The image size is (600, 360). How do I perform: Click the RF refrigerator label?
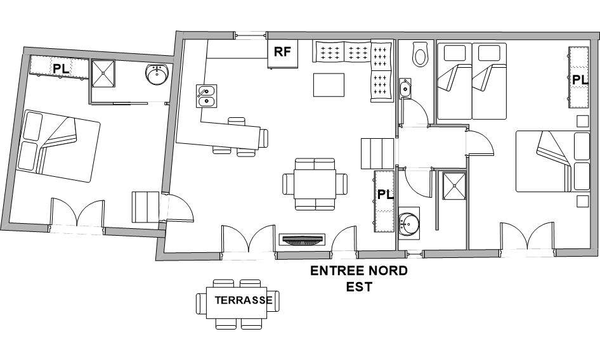click(282, 51)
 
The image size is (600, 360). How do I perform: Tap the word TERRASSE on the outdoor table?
click(244, 300)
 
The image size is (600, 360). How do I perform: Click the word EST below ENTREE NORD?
click(359, 286)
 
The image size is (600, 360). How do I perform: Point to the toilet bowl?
click(420, 54)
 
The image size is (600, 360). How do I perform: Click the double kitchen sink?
click(207, 96)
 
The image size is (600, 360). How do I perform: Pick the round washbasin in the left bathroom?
click(157, 75)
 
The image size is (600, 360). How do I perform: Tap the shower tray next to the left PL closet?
click(103, 74)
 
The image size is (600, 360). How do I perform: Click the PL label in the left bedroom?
click(61, 69)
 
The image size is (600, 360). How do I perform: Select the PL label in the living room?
click(386, 195)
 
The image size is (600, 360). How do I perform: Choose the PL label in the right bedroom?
click(580, 80)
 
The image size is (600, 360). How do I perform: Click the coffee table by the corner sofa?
click(329, 85)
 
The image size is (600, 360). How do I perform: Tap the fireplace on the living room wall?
click(303, 240)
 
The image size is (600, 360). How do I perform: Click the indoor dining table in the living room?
click(315, 184)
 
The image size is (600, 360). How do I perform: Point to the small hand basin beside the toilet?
click(405, 89)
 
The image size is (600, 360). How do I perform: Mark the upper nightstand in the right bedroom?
click(582, 121)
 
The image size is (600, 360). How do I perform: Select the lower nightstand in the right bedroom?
click(582, 202)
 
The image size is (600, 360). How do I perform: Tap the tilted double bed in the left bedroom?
click(58, 146)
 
